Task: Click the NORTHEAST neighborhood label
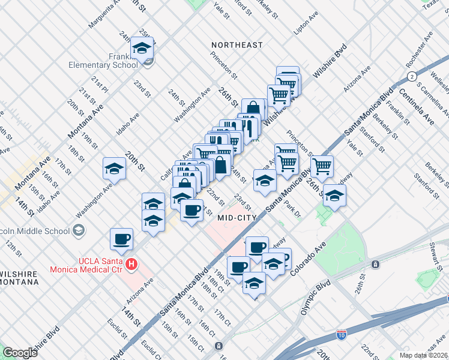tap(237, 45)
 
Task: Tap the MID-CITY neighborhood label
tap(237, 217)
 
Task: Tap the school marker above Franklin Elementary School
tap(142, 49)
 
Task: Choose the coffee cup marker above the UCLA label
tap(122, 239)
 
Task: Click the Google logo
tap(20, 353)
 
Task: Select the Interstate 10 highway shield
tap(342, 334)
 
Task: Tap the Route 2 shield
tap(411, 76)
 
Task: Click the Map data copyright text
tap(424, 355)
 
